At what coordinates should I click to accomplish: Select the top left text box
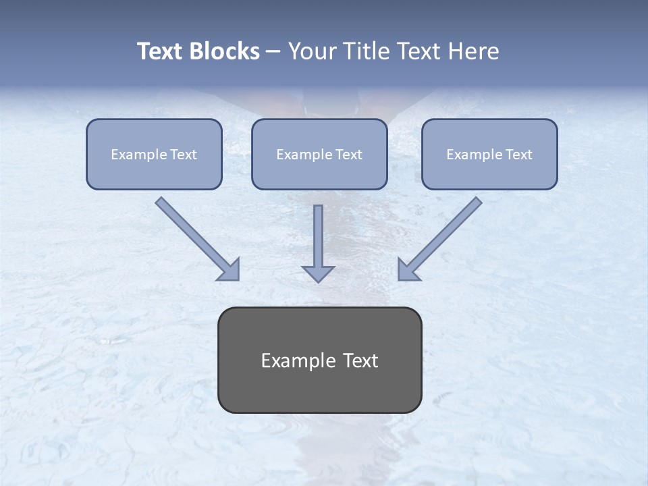(154, 154)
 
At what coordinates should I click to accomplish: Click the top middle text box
(319, 154)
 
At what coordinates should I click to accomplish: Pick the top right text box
(489, 154)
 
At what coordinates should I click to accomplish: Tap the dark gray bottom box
(319, 360)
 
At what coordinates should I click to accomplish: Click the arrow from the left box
(196, 237)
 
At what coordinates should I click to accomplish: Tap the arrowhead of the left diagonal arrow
(229, 269)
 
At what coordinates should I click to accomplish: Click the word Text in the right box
(518, 155)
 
